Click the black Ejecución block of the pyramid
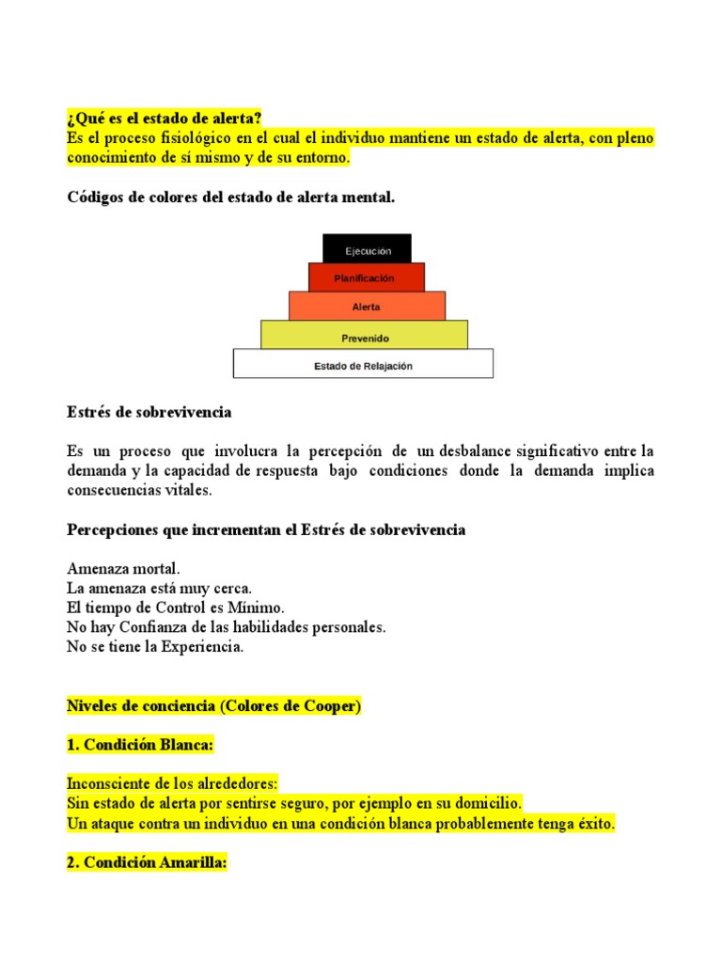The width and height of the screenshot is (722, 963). [x=367, y=249]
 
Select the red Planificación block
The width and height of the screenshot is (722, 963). [x=366, y=277]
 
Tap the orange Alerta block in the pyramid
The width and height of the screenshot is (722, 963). [x=367, y=307]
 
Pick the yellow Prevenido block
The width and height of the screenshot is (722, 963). [x=364, y=336]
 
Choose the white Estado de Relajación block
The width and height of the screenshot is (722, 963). [x=363, y=365]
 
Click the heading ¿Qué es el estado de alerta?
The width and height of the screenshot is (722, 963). [x=165, y=118]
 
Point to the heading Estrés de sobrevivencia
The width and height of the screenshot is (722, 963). [x=149, y=413]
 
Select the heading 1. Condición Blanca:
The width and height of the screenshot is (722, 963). [x=141, y=745]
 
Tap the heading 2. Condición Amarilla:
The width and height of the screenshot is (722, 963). [x=148, y=862]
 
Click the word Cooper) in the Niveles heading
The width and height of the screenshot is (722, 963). [x=332, y=706]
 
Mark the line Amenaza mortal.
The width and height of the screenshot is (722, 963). [x=124, y=569]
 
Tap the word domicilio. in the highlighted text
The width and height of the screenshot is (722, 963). [x=483, y=803]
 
